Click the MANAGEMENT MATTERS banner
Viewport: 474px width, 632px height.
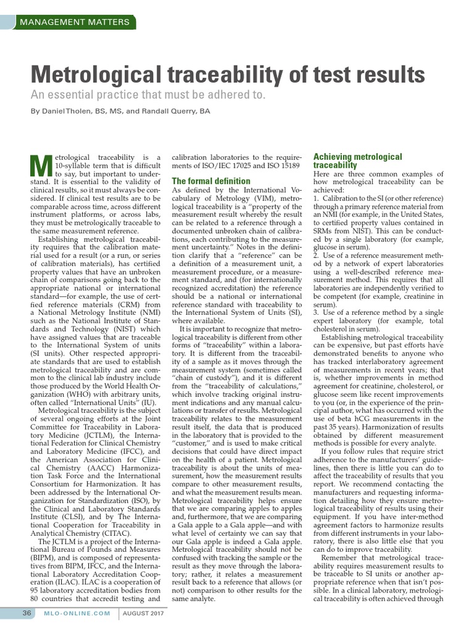(x=75, y=22)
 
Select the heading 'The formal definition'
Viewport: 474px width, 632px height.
(x=211, y=181)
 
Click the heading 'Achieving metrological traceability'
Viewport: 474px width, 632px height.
(x=357, y=161)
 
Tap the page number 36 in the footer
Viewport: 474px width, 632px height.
(x=27, y=613)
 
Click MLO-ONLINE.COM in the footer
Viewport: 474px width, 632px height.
(x=77, y=613)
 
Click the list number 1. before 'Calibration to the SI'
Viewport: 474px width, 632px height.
(x=317, y=197)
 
